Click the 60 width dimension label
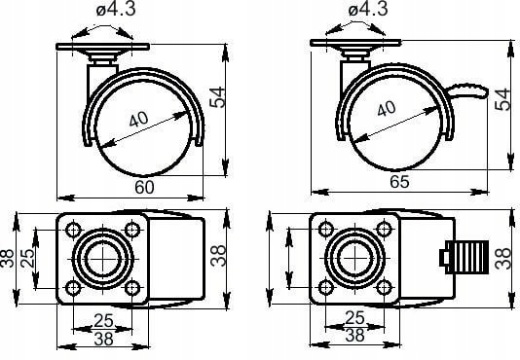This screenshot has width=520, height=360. point(144,187)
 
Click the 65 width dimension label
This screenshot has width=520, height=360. point(399,181)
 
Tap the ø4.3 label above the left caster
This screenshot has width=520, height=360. point(116,10)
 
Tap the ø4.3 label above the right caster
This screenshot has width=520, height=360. point(368,10)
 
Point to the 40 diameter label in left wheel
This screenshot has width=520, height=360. point(138,119)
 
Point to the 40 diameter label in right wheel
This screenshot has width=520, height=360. point(387,108)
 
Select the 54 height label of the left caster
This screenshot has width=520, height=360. point(217,97)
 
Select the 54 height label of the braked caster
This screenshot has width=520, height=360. point(501,98)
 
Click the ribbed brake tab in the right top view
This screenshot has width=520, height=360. point(464,257)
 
